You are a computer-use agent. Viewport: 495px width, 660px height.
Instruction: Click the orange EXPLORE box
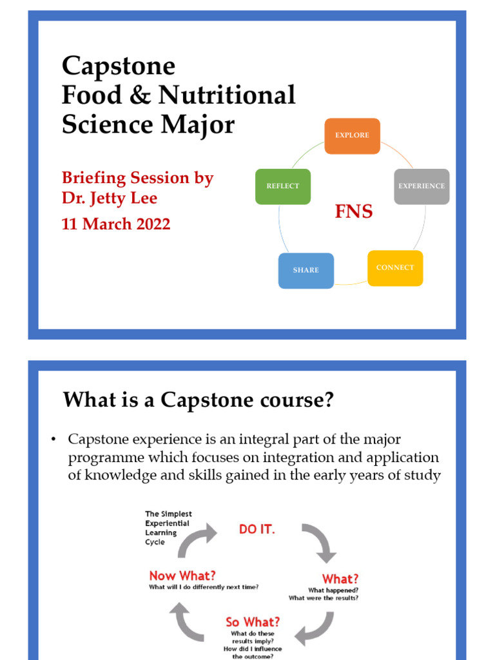352,136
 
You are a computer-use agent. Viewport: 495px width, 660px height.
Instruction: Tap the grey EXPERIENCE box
421,186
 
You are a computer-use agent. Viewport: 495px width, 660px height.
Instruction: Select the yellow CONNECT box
395,267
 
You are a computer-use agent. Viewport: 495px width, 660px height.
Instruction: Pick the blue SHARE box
306,270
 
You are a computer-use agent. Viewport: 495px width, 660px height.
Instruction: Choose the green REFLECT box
283,186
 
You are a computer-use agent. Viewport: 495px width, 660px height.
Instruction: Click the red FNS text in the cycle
353,212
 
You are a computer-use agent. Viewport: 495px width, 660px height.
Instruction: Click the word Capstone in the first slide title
119,66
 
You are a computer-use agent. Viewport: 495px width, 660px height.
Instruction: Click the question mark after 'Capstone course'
329,400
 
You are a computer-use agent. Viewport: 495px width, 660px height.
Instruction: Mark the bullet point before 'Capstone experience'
54,440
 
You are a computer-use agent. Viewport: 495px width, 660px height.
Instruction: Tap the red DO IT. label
257,530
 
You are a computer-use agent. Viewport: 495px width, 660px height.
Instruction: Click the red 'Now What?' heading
182,576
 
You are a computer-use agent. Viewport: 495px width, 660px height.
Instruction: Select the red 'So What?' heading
253,622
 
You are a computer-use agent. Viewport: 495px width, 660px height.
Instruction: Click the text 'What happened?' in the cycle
333,590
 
